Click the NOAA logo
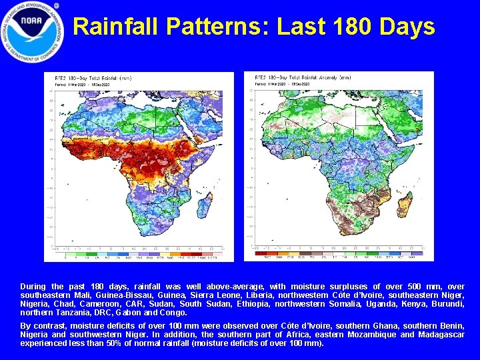click(33, 32)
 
